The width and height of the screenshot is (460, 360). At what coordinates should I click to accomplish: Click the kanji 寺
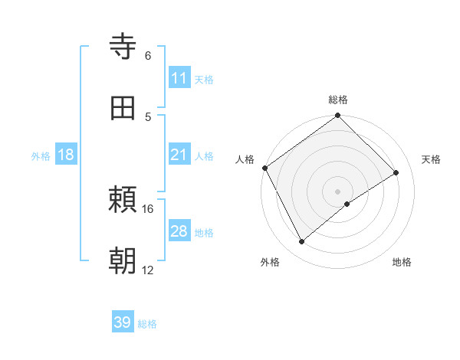tap(124, 47)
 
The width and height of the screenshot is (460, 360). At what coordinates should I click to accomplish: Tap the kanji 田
tap(124, 108)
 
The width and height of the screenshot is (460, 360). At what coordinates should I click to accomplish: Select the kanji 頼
tap(124, 201)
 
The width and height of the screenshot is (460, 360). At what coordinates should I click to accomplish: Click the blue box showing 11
tap(179, 77)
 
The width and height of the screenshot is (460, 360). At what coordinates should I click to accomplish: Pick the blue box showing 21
tap(179, 155)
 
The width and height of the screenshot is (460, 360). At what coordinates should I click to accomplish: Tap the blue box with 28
tap(179, 231)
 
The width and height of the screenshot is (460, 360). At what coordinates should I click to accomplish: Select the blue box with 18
tap(66, 155)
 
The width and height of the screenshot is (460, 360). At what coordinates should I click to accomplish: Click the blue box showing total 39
tap(123, 322)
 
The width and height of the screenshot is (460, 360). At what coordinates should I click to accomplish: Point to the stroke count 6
tap(148, 56)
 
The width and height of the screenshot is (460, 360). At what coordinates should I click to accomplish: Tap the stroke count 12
tap(148, 270)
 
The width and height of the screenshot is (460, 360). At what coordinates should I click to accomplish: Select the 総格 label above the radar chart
tap(338, 100)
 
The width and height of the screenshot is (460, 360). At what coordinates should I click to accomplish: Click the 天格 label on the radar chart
tap(431, 159)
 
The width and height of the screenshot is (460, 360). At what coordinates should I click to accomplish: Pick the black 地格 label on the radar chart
tap(402, 262)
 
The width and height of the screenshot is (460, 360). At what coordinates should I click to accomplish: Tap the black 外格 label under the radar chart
tap(270, 262)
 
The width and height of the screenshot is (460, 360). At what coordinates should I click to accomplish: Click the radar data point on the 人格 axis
tap(264, 168)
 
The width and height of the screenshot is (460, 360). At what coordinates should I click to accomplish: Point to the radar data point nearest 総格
tap(338, 116)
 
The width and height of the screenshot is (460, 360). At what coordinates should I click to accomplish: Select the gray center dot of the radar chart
tap(338, 191)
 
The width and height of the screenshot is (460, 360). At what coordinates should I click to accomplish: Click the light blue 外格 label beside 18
tap(41, 155)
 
